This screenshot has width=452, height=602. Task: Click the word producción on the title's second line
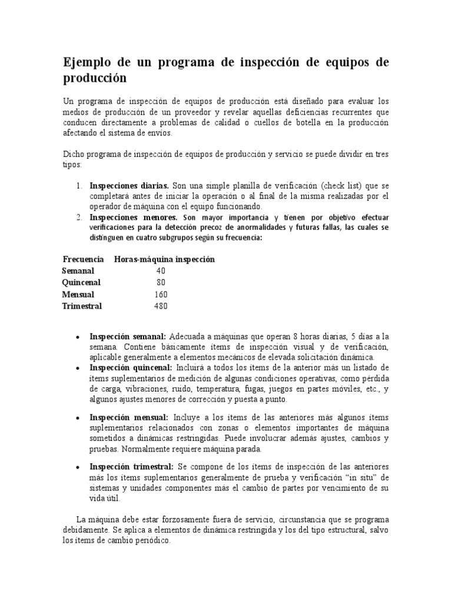point(95,78)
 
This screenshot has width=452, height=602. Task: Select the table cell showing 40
point(161,271)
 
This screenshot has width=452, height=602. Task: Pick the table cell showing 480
point(161,306)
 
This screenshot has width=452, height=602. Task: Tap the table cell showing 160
point(161,295)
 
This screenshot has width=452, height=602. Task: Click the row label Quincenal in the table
point(81,283)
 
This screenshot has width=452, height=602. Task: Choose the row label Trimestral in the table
point(82,306)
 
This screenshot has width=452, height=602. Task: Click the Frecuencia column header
point(84,259)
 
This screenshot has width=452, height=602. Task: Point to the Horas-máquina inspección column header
point(164,259)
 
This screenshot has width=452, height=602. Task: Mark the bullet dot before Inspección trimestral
point(78,467)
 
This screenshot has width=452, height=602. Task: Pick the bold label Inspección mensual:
point(126,417)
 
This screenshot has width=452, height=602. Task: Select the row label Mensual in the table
point(78,295)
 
